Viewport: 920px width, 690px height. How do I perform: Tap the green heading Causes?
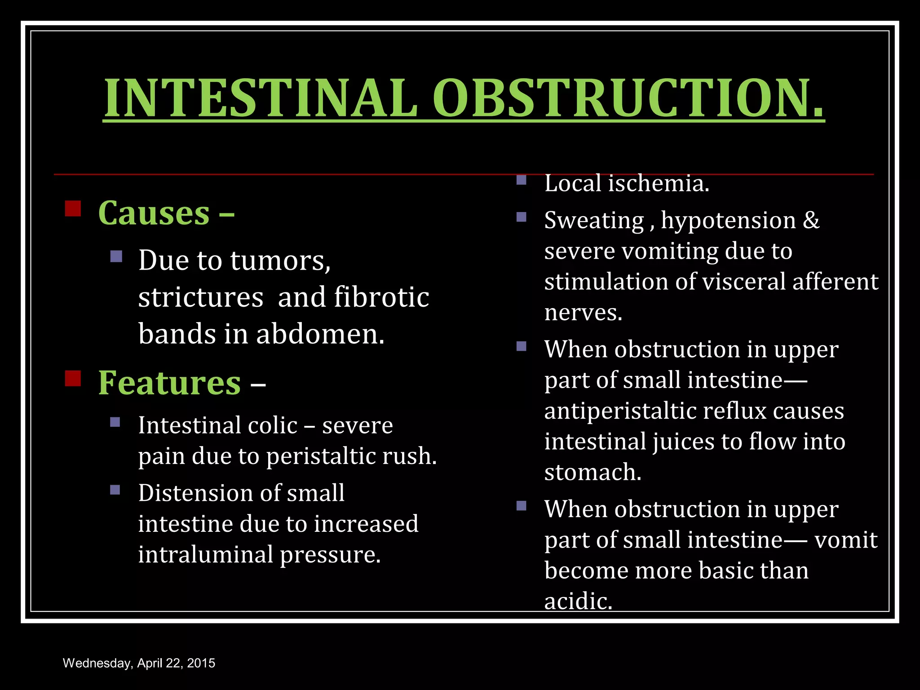154,213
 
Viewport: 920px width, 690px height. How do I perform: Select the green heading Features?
170,383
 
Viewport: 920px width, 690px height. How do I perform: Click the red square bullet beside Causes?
73,208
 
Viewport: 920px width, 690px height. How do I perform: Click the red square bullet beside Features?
73,378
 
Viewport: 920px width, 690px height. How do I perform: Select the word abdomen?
320,335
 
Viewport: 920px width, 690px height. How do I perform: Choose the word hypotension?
728,221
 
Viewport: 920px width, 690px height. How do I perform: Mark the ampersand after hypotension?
811,221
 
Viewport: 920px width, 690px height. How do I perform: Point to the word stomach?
592,473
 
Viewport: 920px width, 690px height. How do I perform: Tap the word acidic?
578,602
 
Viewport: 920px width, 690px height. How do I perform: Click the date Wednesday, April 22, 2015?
139,663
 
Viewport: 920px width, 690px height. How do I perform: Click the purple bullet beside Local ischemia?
521,180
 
